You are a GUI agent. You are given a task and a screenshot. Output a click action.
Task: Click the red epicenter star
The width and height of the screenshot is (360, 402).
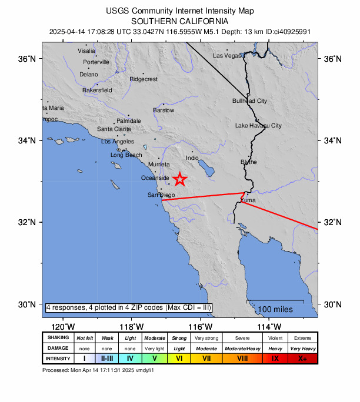pos(180,179)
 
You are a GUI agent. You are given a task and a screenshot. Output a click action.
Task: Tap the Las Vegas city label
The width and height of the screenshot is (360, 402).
pos(227,56)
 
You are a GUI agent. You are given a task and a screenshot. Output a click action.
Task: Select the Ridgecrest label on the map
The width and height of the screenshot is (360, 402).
pos(144,79)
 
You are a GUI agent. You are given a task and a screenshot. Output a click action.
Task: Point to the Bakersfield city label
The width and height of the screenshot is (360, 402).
pos(97,91)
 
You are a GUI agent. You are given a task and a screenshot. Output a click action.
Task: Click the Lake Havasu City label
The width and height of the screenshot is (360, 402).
pos(258,126)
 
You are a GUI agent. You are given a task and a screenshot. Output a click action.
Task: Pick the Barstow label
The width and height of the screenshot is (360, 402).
pos(164,110)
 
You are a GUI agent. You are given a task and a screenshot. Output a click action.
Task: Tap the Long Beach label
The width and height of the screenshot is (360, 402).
pos(126,155)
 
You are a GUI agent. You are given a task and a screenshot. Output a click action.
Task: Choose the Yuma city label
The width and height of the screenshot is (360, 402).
pos(248,200)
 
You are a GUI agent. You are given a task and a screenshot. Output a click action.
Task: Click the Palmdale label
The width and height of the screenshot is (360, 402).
pos(128,120)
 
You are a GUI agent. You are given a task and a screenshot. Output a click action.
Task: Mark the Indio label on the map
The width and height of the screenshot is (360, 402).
pos(192,158)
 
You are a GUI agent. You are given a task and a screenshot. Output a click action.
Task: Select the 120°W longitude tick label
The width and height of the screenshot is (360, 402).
pos(63,327)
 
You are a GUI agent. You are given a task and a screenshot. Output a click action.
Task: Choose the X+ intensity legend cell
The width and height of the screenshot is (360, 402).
pos(302,358)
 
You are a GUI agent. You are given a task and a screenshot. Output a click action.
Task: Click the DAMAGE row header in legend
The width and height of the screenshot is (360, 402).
pos(58,348)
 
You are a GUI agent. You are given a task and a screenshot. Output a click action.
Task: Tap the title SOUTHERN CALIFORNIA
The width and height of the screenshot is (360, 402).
pos(179,19)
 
